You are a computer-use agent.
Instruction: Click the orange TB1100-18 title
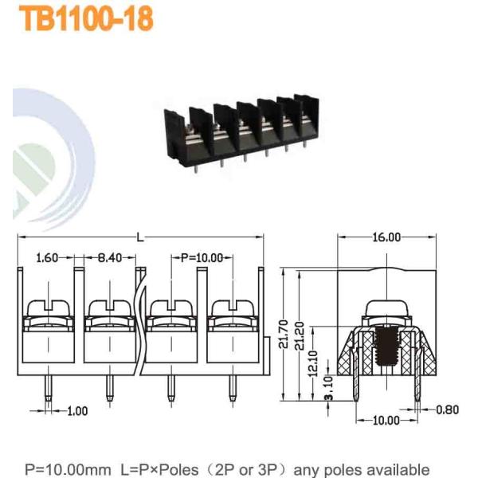pyautogui.click(x=86, y=19)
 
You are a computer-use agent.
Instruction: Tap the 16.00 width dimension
pyautogui.click(x=386, y=237)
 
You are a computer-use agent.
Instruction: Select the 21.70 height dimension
pyautogui.click(x=284, y=334)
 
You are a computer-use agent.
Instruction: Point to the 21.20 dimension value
pyautogui.click(x=300, y=335)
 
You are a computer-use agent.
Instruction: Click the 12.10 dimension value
pyautogui.click(x=313, y=363)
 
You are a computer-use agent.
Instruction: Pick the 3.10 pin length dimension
pyautogui.click(x=328, y=388)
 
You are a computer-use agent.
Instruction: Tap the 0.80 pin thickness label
pyautogui.click(x=447, y=409)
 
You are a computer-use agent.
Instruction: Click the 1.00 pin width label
pyautogui.click(x=77, y=411)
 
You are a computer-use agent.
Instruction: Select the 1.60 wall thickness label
pyautogui.click(x=47, y=258)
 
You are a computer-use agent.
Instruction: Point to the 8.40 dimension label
pyautogui.click(x=110, y=258)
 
